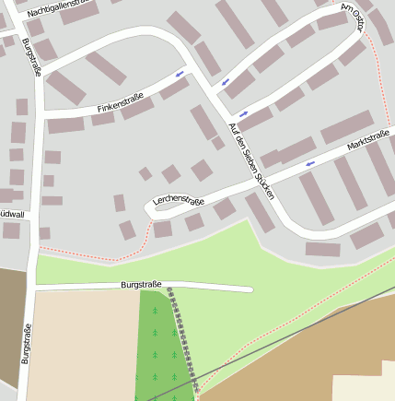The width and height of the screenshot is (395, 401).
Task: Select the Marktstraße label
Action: (x=368, y=142)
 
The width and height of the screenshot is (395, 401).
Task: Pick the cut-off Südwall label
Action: (x=12, y=214)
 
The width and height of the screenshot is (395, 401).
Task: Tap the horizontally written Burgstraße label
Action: (x=146, y=285)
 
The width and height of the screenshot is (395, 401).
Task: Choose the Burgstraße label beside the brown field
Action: (x=26, y=343)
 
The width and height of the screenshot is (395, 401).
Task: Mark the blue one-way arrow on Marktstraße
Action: (x=309, y=163)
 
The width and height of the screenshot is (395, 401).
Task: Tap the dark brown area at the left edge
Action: (x=8, y=323)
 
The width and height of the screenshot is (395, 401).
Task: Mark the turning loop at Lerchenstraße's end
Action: (x=153, y=209)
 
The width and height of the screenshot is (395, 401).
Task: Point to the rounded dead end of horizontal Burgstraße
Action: (x=249, y=289)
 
